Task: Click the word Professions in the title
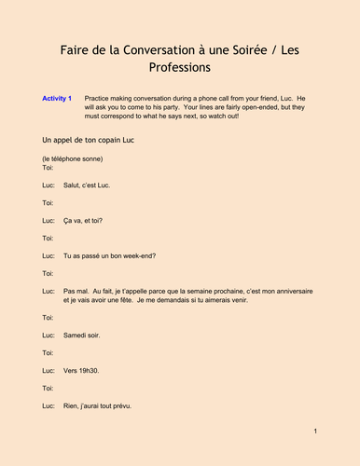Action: [179, 68]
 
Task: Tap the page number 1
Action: [316, 432]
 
